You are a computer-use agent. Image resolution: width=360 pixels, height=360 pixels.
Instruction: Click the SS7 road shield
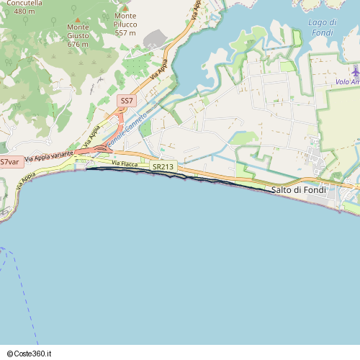(x=126, y=101)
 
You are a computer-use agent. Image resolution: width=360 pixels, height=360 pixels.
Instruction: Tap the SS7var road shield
(x=9, y=161)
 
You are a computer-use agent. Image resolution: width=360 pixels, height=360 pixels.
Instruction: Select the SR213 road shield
(x=163, y=167)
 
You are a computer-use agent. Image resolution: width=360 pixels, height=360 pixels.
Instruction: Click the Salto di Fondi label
(x=298, y=189)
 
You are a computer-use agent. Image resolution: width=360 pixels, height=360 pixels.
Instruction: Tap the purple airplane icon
(x=355, y=71)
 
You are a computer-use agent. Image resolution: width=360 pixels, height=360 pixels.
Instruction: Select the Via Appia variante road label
(x=49, y=156)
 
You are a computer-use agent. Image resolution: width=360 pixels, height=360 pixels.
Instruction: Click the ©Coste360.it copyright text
(x=35, y=354)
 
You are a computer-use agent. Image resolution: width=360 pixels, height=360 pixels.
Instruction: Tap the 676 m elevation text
(x=78, y=44)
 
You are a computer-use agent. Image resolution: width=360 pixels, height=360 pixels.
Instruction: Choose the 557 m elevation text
(x=125, y=33)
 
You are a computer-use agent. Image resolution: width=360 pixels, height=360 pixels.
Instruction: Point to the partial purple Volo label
(x=347, y=82)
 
